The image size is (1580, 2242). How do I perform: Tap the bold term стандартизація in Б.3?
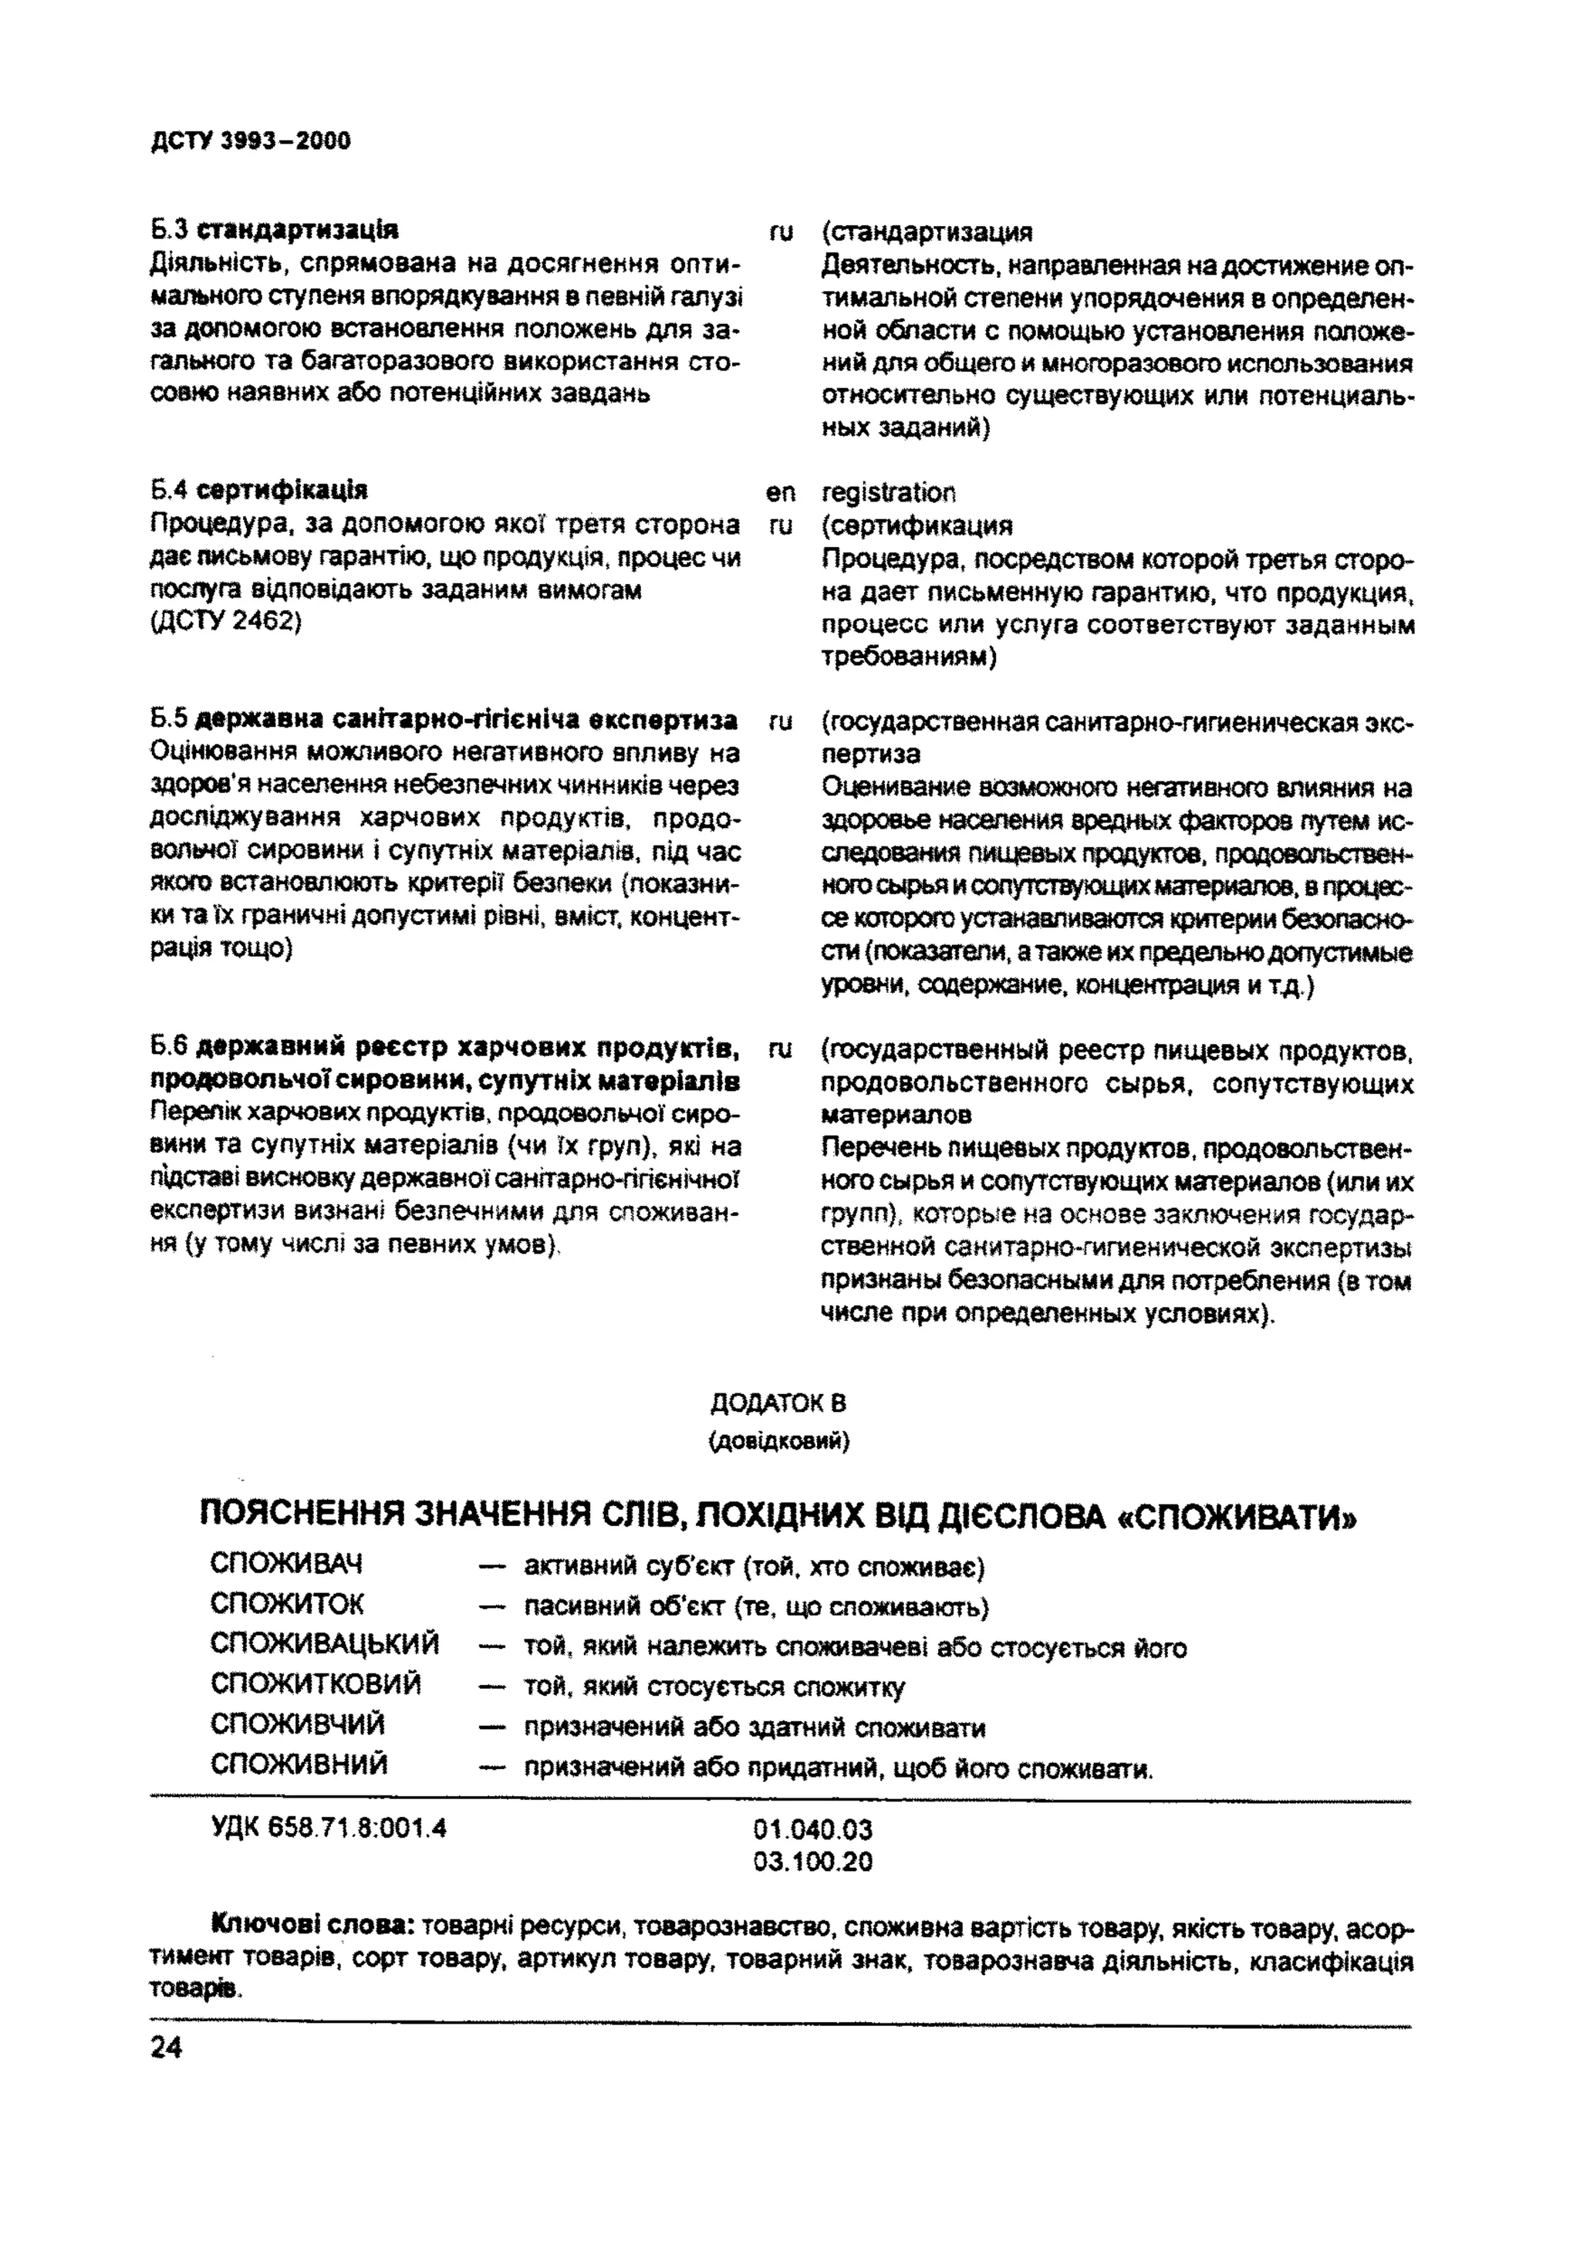[x=297, y=231]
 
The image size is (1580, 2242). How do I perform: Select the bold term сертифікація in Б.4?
[x=282, y=489]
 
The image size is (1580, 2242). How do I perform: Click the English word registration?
[x=889, y=492]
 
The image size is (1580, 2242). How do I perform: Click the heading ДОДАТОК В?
[x=778, y=1403]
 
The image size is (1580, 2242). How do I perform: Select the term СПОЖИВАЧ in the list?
[x=285, y=1565]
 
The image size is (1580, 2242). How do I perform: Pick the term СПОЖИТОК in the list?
[x=286, y=1605]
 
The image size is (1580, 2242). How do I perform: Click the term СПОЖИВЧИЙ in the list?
[x=297, y=1724]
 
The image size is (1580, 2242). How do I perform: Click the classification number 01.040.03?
[x=812, y=1829]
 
